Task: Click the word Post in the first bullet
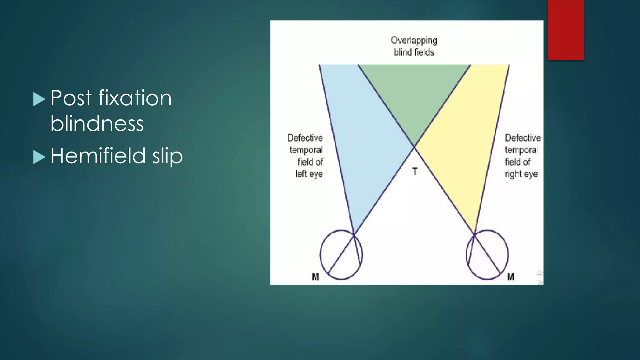(x=71, y=98)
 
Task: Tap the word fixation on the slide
(x=135, y=98)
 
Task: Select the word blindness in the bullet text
(x=97, y=123)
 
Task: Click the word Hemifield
(x=98, y=156)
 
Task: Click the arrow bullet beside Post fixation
(x=39, y=99)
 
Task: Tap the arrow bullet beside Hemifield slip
(x=39, y=157)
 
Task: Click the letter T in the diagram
(x=415, y=171)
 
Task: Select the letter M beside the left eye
(x=315, y=277)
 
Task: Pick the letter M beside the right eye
(x=511, y=277)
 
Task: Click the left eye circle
(x=341, y=255)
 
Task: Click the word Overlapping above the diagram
(x=414, y=41)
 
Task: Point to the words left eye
(x=309, y=174)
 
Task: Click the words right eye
(x=521, y=174)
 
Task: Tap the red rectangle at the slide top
(x=566, y=30)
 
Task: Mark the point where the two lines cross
(x=414, y=147)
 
